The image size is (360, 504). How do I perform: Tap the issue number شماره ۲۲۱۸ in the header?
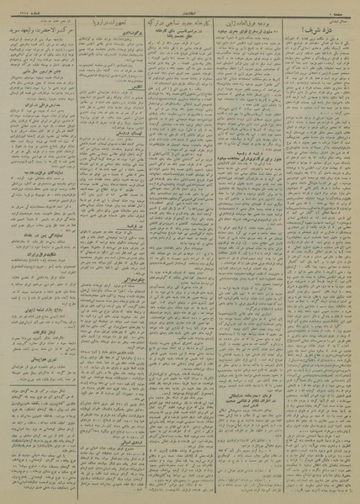(x=19, y=6)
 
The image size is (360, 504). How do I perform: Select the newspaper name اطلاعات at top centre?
(x=180, y=6)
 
